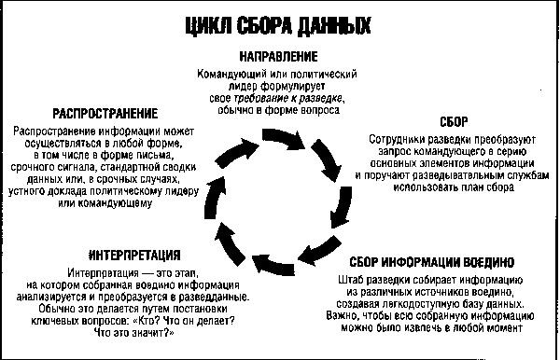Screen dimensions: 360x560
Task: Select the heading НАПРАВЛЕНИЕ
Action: tap(279, 57)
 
